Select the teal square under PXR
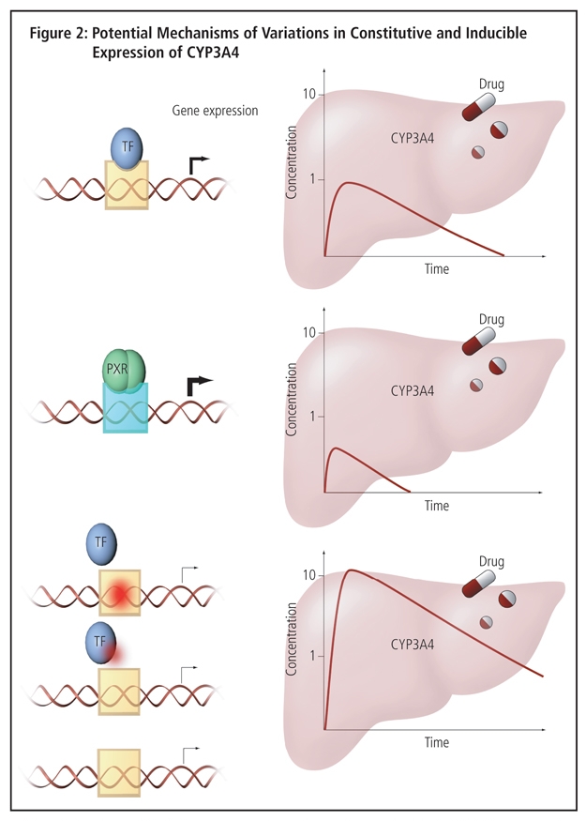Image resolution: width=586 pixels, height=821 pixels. coord(125,409)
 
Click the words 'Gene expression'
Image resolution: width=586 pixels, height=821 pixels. coord(215,111)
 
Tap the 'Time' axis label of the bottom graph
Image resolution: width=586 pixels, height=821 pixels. coord(436,742)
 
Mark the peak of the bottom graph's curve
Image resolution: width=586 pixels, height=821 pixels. coord(351,570)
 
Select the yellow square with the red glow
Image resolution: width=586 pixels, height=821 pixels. coord(120,592)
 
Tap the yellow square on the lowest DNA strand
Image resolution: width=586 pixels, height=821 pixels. coord(119,771)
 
